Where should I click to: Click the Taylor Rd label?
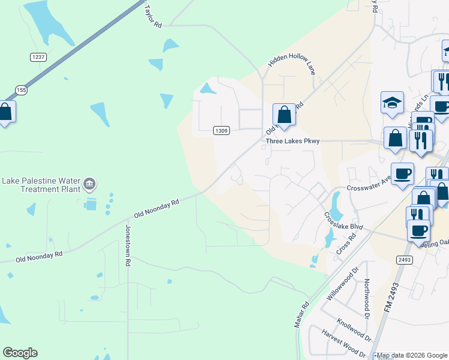coord(152,17)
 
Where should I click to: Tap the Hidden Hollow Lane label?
coord(292,65)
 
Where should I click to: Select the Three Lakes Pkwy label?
coord(293,142)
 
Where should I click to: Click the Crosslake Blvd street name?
coord(345,223)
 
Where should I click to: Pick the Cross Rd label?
coord(346,242)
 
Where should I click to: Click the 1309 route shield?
coord(221,131)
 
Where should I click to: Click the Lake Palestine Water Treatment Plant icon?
coord(89,183)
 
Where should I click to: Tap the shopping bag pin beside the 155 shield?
coord(5,112)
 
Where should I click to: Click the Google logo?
coord(20,353)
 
